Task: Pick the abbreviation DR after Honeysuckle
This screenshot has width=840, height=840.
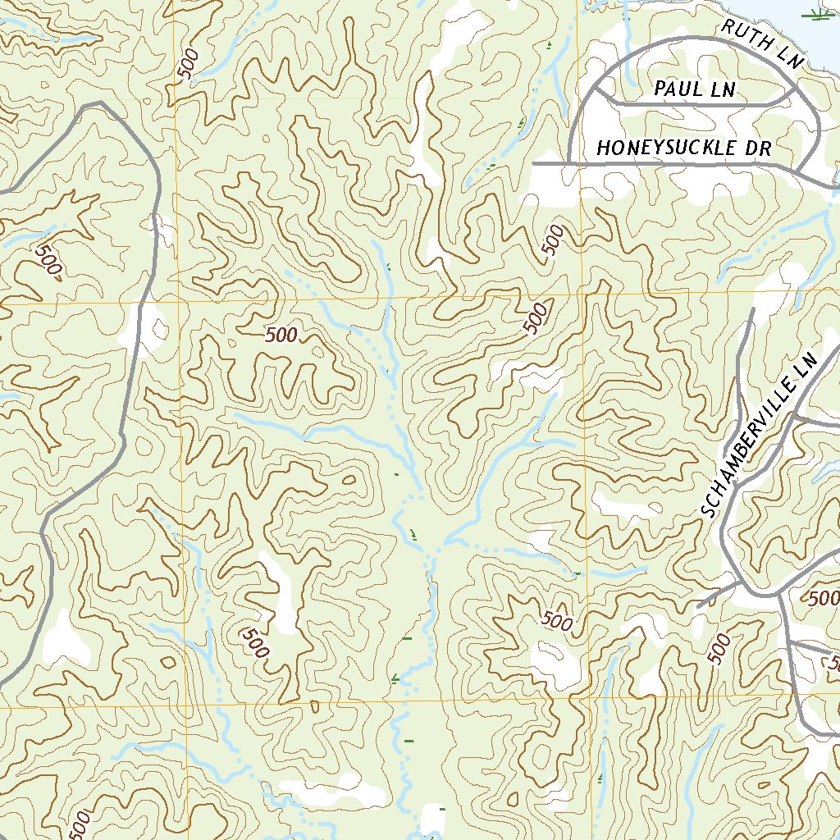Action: [760, 148]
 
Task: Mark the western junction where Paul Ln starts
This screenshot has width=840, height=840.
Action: [603, 93]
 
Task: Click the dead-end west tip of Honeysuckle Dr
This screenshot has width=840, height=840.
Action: [534, 164]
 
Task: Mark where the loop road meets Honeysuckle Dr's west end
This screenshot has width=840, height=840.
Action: [569, 164]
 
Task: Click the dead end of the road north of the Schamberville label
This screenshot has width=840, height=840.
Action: [751, 310]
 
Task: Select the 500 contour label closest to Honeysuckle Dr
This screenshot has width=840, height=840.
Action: [553, 240]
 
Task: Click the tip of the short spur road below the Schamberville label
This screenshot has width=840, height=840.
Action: [698, 606]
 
